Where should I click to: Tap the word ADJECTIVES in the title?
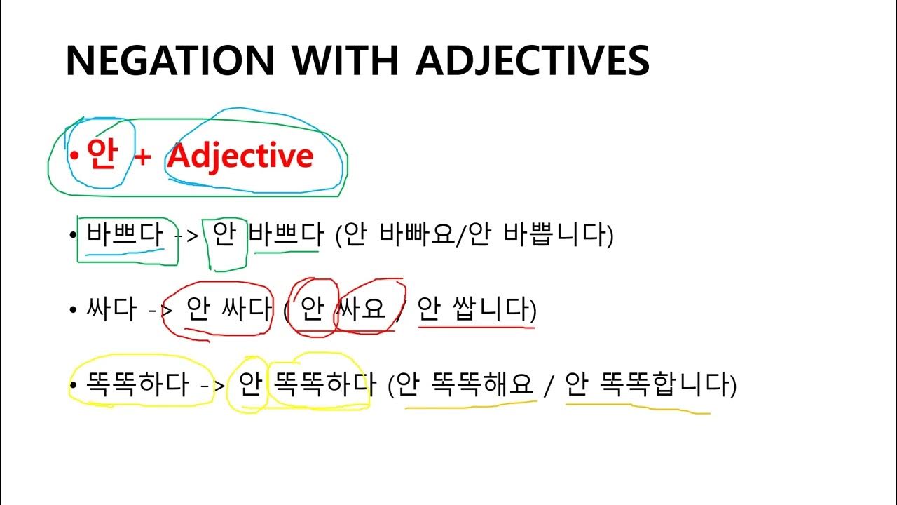point(533,60)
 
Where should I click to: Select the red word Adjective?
point(240,156)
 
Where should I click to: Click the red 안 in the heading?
point(101,155)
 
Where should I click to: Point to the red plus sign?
point(142,156)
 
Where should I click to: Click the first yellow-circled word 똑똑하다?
point(137,384)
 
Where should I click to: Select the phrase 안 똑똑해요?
point(465,384)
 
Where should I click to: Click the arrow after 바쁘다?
point(188,236)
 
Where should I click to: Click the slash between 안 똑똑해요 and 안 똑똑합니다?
point(550,385)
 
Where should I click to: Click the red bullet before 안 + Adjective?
point(75,155)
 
